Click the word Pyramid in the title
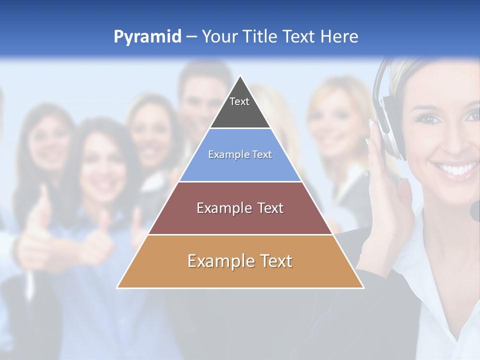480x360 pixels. pos(147,37)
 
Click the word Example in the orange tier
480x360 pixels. pos(216,261)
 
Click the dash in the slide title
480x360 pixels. pos(191,37)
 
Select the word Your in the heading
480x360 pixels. pos(218,36)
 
